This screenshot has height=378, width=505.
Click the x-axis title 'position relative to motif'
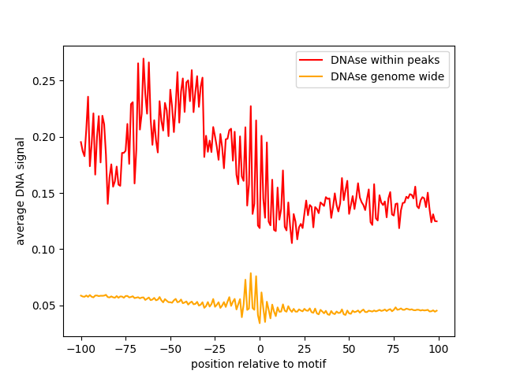point(259,364)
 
